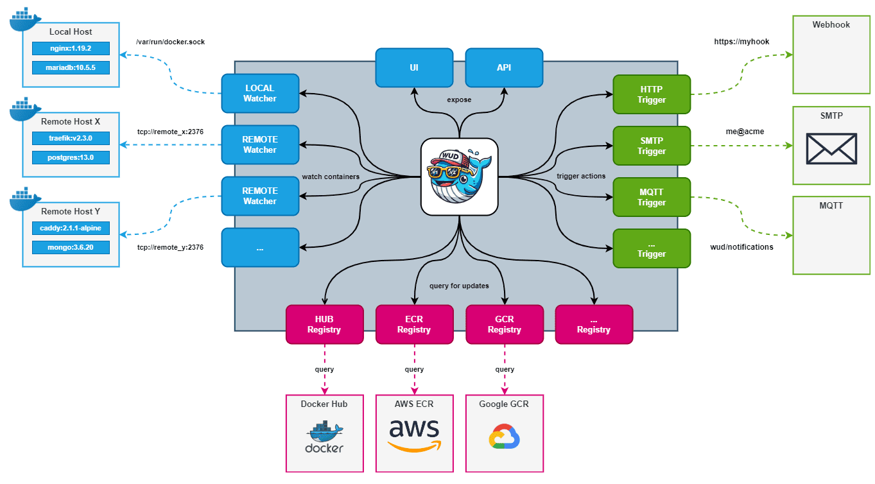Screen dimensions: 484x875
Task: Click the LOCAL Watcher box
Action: click(x=260, y=93)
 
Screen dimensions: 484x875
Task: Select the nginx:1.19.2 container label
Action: click(x=71, y=48)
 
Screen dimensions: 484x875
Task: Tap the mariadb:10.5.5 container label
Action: click(x=71, y=67)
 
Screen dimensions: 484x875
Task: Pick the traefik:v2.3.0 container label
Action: click(x=71, y=138)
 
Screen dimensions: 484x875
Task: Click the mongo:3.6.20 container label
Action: click(x=71, y=247)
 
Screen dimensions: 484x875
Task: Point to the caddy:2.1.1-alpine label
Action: click(x=71, y=228)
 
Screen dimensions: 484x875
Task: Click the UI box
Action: click(x=414, y=67)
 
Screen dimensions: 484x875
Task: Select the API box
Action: click(x=504, y=67)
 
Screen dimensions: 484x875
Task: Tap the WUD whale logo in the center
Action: click(x=459, y=176)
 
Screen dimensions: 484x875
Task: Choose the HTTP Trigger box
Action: click(x=652, y=94)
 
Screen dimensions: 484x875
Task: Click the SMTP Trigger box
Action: click(x=652, y=145)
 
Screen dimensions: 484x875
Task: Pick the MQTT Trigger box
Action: click(x=652, y=196)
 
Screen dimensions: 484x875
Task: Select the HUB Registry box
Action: click(x=324, y=324)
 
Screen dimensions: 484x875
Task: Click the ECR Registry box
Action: click(x=414, y=324)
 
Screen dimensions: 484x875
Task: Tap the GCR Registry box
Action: click(x=504, y=324)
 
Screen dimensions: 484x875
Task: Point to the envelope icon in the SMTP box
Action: click(x=831, y=149)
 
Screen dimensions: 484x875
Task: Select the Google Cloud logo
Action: click(x=504, y=436)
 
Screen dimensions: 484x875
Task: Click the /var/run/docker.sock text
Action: click(x=170, y=42)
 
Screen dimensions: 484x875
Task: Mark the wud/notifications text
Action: click(x=741, y=246)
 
